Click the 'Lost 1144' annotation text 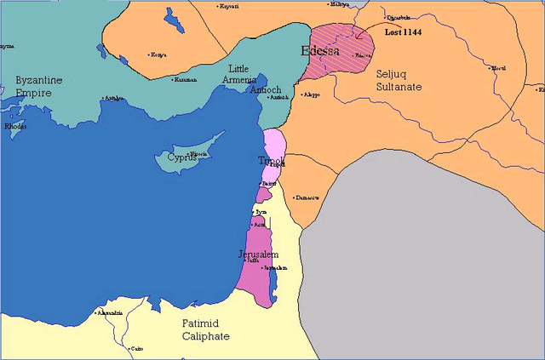[403, 31]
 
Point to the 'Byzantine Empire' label [39, 87]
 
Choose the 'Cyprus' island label [181, 157]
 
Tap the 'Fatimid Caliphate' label [205, 329]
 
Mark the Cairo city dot [128, 348]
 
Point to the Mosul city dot [491, 68]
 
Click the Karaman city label [186, 80]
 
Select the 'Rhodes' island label [14, 126]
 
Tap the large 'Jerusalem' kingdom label [259, 254]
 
